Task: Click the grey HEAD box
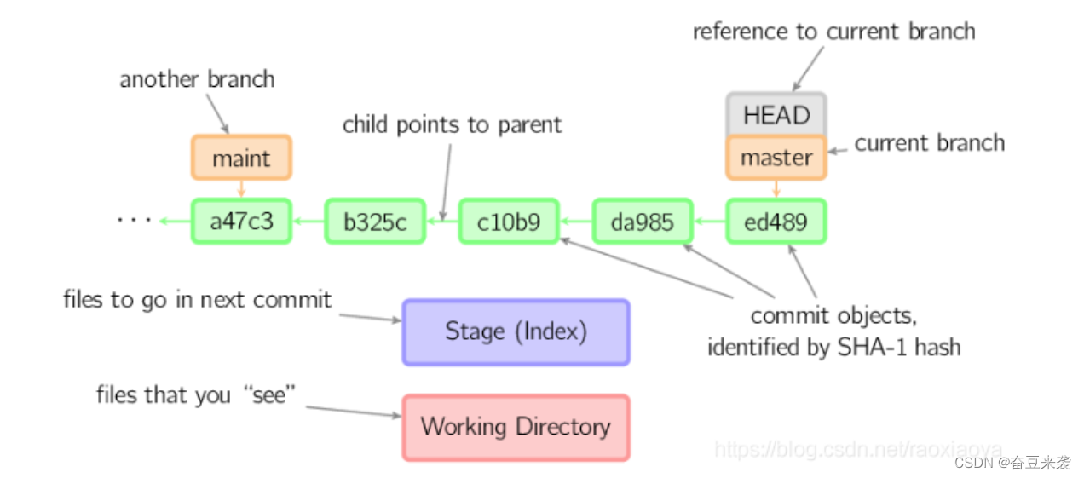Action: [x=776, y=115]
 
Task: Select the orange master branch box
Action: [x=776, y=158]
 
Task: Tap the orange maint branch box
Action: [x=241, y=158]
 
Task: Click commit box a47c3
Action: [x=241, y=222]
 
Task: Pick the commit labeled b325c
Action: [x=375, y=222]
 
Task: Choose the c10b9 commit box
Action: [x=509, y=222]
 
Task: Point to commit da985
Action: [x=643, y=222]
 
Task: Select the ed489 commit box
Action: [x=776, y=222]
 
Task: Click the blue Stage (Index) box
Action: [x=516, y=331]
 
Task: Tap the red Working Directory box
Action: [x=516, y=427]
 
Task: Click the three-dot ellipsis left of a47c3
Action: [x=134, y=221]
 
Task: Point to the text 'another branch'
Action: [x=197, y=80]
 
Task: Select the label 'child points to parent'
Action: [x=452, y=125]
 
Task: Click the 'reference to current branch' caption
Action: [x=833, y=32]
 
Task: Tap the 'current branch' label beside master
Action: [x=929, y=143]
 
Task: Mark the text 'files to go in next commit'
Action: [x=197, y=300]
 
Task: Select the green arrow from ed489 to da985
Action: [x=710, y=222]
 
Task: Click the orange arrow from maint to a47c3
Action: [x=241, y=189]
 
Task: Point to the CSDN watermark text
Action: [x=1012, y=463]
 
